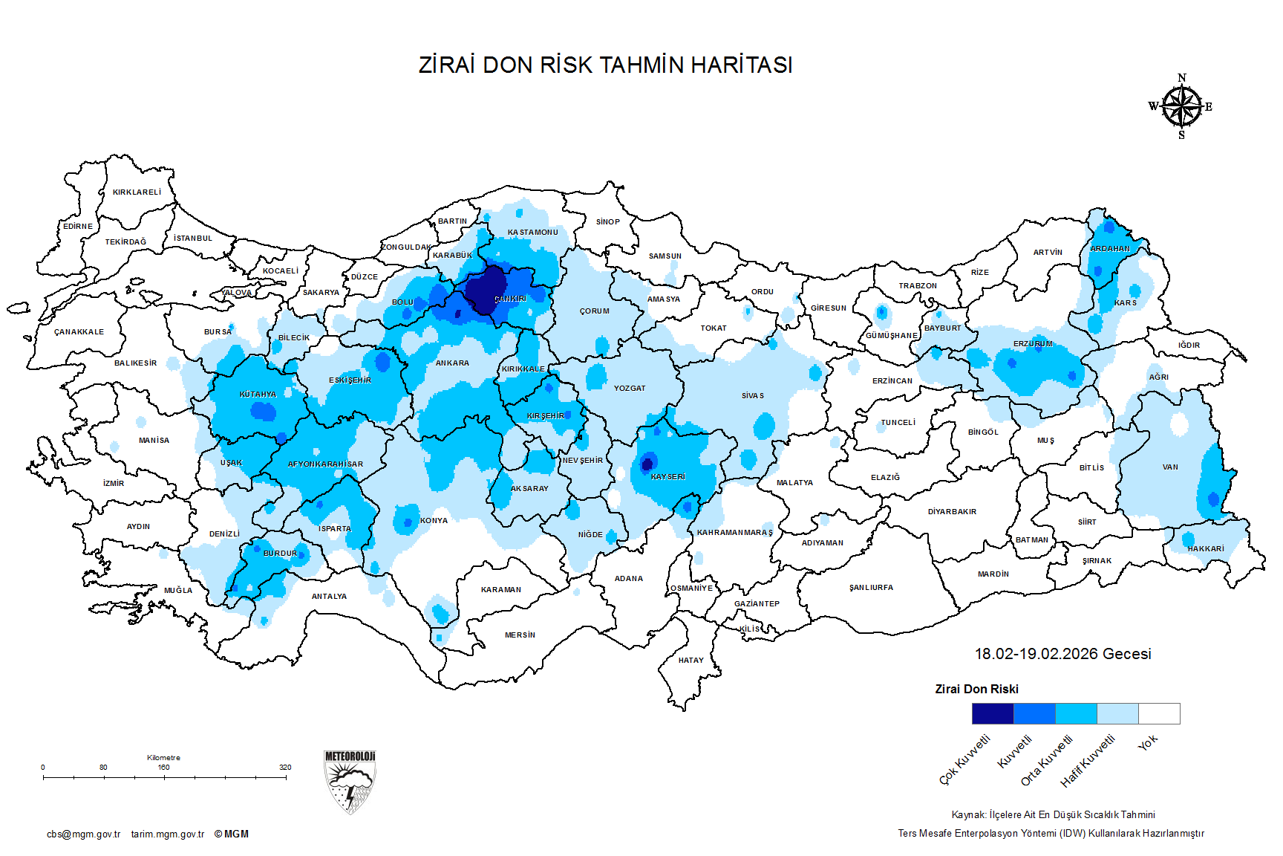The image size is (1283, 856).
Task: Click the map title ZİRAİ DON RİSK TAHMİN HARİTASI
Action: (x=605, y=65)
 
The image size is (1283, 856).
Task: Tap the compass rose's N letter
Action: (x=1182, y=78)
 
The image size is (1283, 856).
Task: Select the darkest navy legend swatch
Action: (x=993, y=713)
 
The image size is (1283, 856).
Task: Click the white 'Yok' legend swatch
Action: (x=1159, y=713)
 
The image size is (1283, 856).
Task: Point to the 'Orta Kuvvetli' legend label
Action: (x=1047, y=759)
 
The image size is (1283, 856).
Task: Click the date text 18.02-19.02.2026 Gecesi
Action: (x=1062, y=654)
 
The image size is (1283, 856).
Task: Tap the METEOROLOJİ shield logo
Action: (x=350, y=782)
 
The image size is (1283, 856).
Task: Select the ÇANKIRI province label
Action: (x=510, y=299)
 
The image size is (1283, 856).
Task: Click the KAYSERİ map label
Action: (x=667, y=477)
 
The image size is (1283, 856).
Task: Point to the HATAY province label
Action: (x=691, y=660)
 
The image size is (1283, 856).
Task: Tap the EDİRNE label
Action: (x=78, y=227)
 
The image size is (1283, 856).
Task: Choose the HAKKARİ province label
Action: (x=1206, y=548)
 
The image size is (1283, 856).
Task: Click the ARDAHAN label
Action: (x=1109, y=249)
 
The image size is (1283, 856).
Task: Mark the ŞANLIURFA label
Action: (x=871, y=588)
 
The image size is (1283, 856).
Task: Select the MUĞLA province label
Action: (x=178, y=591)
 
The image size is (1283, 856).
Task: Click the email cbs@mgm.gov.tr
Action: (x=83, y=834)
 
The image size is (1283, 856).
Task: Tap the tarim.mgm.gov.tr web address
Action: (x=168, y=834)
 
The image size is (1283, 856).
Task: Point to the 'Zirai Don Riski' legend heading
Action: (x=976, y=690)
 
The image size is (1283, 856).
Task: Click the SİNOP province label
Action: (x=607, y=221)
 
